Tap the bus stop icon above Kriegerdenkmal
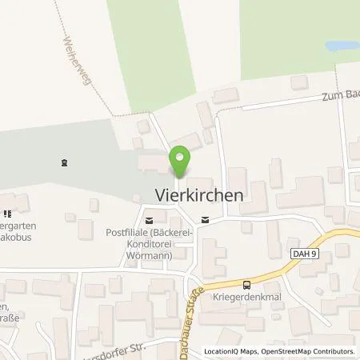(x=246, y=284)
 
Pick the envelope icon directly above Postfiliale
(x=148, y=218)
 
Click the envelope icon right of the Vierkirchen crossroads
(x=206, y=218)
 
